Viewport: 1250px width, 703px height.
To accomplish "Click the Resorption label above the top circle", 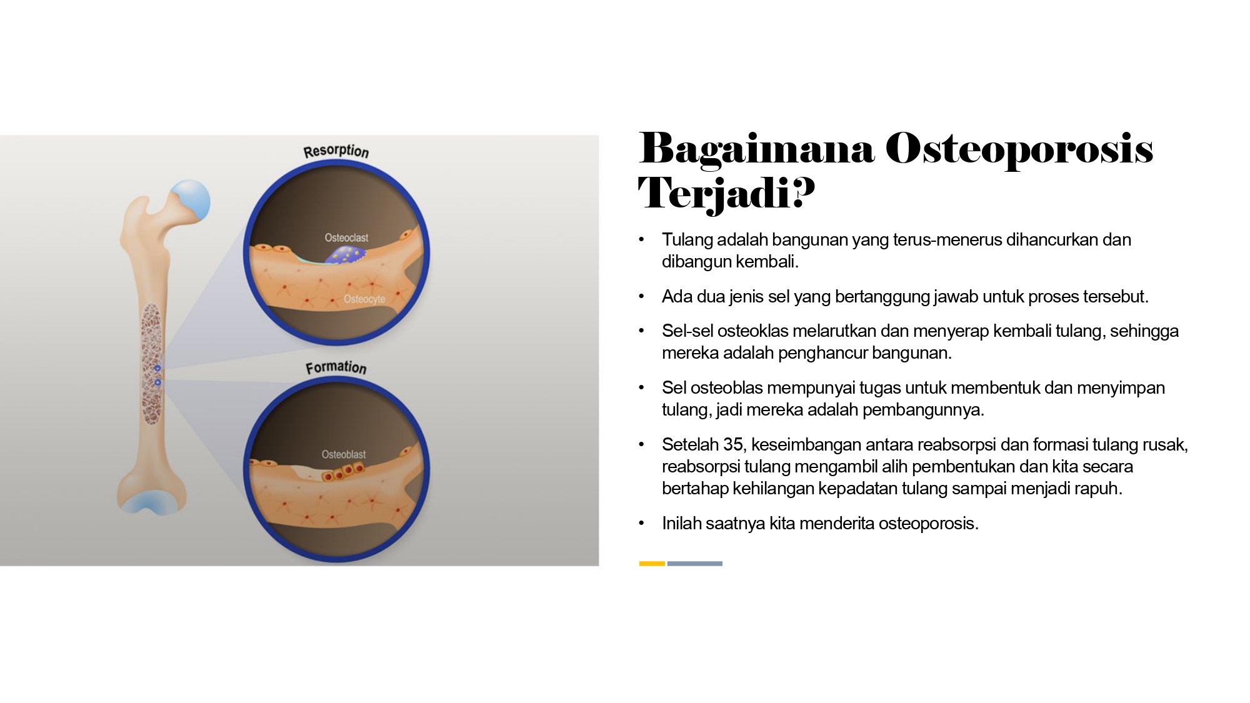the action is [336, 151].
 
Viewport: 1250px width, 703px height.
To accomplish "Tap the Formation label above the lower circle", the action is [336, 367].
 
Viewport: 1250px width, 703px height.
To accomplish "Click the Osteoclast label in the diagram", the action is [346, 237].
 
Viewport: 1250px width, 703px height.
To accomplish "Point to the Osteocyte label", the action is [364, 299].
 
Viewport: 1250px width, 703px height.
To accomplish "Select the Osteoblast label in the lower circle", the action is [344, 454].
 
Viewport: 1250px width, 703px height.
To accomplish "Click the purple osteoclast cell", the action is [344, 254].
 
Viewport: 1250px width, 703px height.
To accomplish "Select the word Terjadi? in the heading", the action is [726, 193].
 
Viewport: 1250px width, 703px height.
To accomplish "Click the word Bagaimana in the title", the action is [756, 150].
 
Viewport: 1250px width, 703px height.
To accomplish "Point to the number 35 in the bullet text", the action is [732, 444].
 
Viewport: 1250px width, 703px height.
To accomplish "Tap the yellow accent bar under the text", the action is [652, 564].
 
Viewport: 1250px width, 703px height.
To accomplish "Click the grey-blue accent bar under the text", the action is [695, 564].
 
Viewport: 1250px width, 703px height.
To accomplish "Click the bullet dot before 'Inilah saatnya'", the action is [641, 523].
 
